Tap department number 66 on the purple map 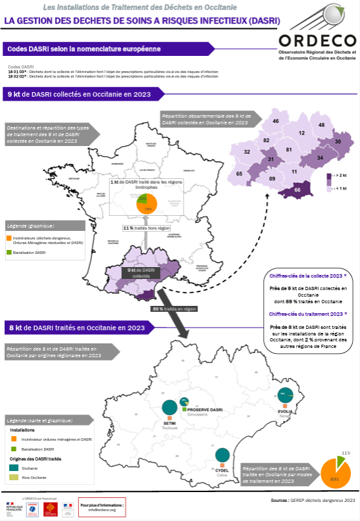pyautogui.click(x=297, y=190)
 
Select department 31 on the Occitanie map pyautogui.click(x=270, y=160)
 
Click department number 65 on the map pyautogui.click(x=240, y=174)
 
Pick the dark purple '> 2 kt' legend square pyautogui.click(x=328, y=176)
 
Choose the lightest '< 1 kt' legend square pyautogui.click(x=328, y=189)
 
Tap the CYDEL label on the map pyautogui.click(x=222, y=470)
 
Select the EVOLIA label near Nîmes pyautogui.click(x=285, y=410)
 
